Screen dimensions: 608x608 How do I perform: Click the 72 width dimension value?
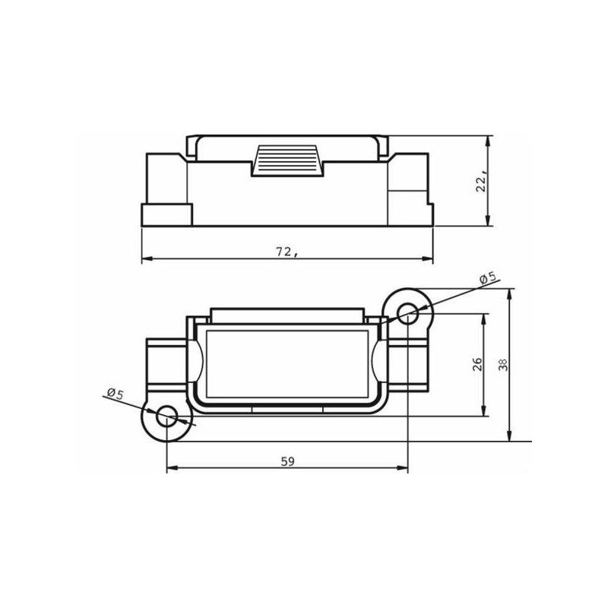[287, 252]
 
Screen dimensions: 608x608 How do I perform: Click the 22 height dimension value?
[482, 182]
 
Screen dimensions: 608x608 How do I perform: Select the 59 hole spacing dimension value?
[288, 461]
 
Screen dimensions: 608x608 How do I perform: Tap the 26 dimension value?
[478, 364]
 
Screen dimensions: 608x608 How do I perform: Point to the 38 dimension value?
[503, 365]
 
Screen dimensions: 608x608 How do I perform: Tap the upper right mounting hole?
[408, 313]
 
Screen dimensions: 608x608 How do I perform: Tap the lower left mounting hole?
[166, 416]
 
